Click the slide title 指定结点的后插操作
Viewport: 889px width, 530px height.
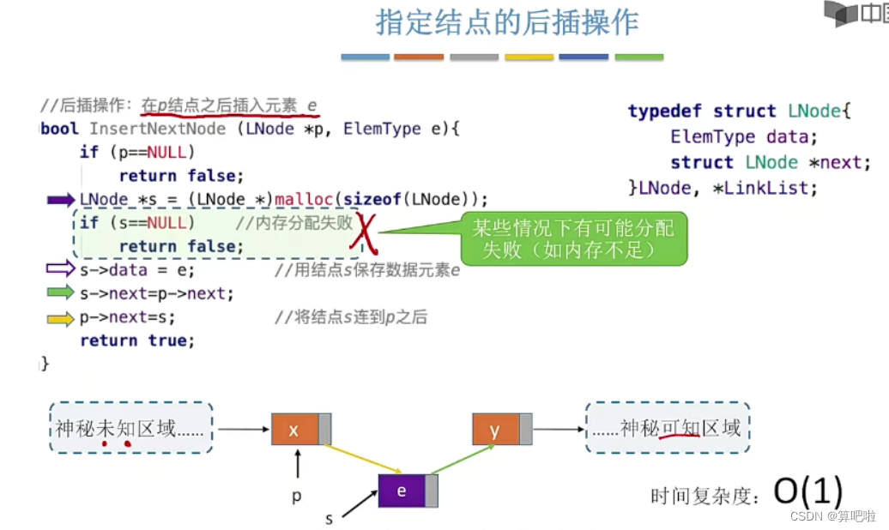(x=507, y=23)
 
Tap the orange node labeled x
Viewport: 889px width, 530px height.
(x=294, y=430)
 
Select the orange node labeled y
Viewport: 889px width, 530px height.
(x=495, y=430)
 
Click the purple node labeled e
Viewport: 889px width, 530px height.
(x=402, y=491)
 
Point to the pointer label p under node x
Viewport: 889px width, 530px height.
(x=297, y=496)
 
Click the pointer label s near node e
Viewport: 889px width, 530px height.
(x=329, y=519)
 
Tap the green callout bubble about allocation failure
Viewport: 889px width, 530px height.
(x=574, y=238)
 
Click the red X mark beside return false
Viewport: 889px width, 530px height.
(x=366, y=236)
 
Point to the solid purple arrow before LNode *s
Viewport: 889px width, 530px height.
(x=60, y=200)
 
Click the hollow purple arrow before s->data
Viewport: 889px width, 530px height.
(x=60, y=269)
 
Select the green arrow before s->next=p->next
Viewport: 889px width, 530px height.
(x=60, y=293)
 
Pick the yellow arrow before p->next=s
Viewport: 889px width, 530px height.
(x=60, y=318)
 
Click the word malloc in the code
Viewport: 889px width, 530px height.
(x=302, y=200)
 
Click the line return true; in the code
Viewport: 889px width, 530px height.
(x=137, y=340)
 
